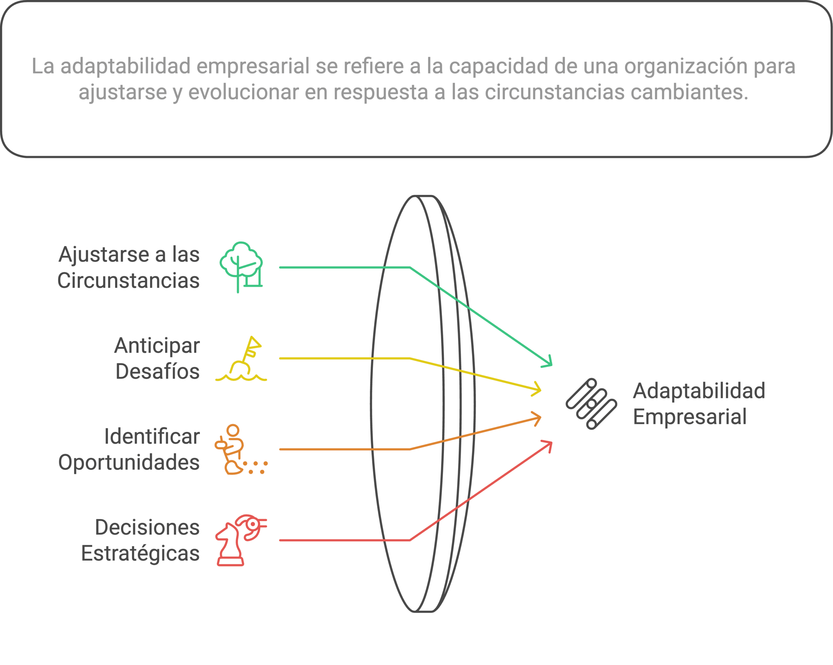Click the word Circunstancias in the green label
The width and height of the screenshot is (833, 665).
point(129,281)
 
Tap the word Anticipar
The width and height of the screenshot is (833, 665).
point(157,346)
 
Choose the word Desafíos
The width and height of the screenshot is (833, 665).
point(157,372)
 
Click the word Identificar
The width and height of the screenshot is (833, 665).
point(152,437)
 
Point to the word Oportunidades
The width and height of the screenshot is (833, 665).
point(129,463)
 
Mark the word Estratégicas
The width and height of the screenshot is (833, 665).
point(140,554)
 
